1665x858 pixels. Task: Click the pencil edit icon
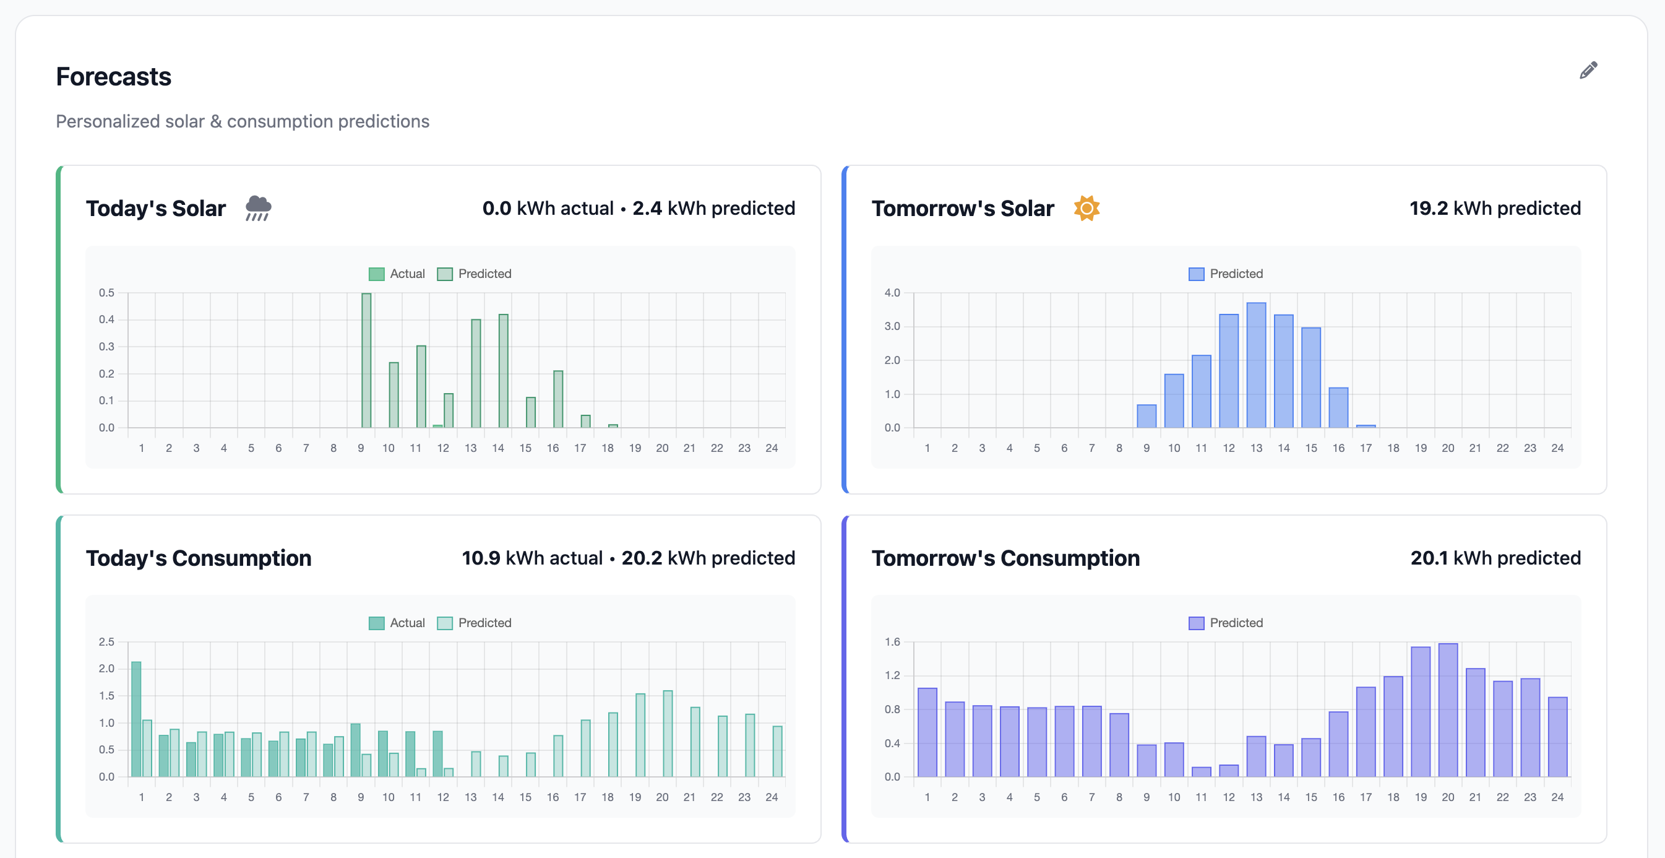[x=1588, y=70]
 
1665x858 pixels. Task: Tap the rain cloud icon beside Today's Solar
[x=258, y=208]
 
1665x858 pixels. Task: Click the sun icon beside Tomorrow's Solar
[x=1086, y=208]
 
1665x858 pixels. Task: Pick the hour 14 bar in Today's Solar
[x=504, y=372]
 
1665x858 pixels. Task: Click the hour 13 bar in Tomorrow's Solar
[x=1256, y=366]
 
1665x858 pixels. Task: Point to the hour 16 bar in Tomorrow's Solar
[x=1338, y=408]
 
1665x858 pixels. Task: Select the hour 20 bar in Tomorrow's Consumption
[x=1448, y=711]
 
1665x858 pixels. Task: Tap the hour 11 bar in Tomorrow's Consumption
[x=1201, y=771]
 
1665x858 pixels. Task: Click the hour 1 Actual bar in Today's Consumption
[x=136, y=719]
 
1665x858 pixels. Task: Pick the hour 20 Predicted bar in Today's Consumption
[x=668, y=734]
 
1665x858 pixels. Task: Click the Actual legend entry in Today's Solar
[x=397, y=274]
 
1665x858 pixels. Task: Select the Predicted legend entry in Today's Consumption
[x=475, y=623]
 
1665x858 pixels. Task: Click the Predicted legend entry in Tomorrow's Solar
[x=1226, y=274]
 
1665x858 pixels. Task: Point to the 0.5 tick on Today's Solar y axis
[x=106, y=293]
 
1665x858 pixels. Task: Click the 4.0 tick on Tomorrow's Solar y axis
[x=892, y=293]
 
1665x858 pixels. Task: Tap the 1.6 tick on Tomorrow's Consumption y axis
[x=892, y=642]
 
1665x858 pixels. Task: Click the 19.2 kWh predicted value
[x=1494, y=208]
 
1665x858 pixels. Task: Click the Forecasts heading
[x=114, y=77]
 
